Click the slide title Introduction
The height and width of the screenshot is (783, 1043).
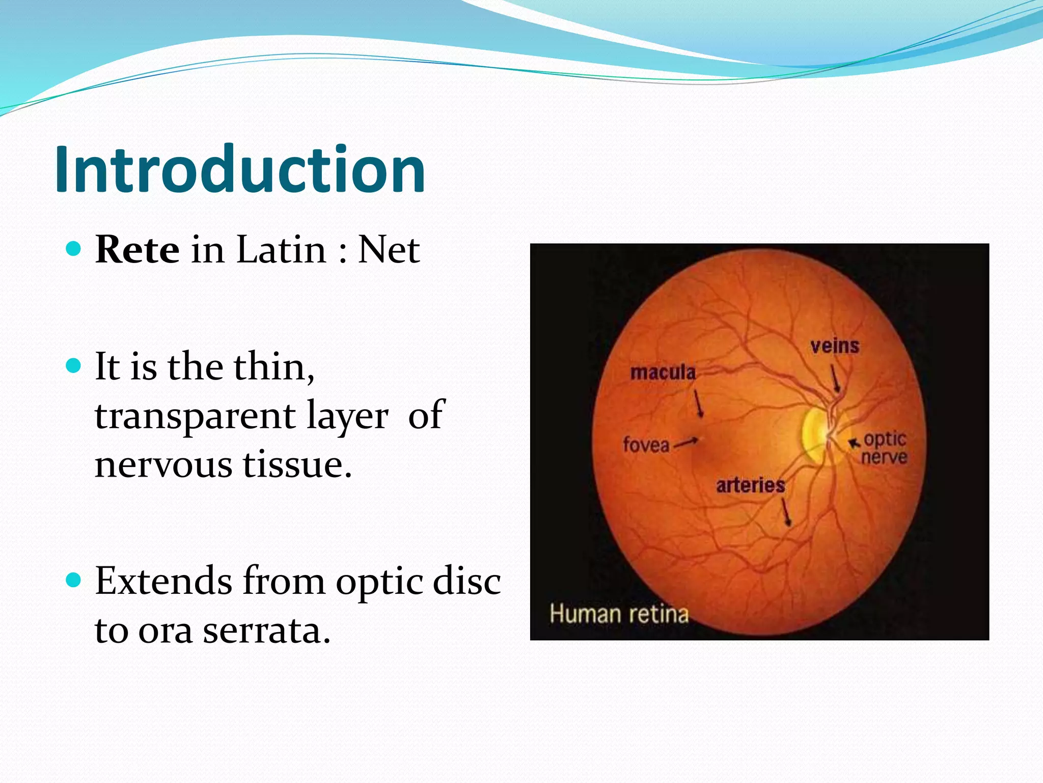(239, 169)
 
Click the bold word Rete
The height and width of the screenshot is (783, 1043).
(137, 250)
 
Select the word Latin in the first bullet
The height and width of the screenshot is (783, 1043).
(281, 250)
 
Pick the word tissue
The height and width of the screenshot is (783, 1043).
(296, 465)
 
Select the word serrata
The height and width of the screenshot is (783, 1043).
(266, 631)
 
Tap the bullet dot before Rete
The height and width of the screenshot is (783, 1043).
(74, 249)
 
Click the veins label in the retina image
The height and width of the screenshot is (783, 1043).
(835, 347)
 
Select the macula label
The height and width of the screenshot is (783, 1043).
(663, 373)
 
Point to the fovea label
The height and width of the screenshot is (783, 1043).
(646, 445)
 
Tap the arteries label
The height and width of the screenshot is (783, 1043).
(750, 485)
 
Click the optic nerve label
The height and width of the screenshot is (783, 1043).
(885, 448)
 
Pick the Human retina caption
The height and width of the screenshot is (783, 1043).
(619, 614)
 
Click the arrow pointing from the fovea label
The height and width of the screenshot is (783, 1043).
(686, 442)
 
